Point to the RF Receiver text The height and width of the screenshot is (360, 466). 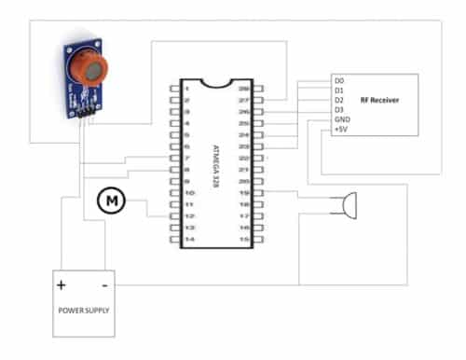(x=379, y=98)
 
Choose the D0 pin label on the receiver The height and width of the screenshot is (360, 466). (x=339, y=82)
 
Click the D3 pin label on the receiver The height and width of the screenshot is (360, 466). (x=339, y=110)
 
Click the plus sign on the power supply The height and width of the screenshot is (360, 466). (x=62, y=284)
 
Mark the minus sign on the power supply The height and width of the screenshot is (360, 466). (x=104, y=284)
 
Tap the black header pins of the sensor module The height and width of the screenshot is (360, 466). (x=87, y=112)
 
